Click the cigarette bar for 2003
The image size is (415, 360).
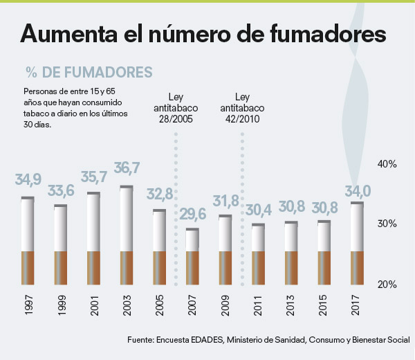(x=126, y=235)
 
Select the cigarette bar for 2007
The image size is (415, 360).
(x=192, y=256)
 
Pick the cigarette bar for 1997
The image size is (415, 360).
(x=28, y=241)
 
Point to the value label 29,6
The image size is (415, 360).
(x=192, y=214)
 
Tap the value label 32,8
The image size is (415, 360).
(x=160, y=194)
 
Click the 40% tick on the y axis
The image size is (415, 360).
(x=386, y=164)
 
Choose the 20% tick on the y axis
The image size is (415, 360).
(x=386, y=285)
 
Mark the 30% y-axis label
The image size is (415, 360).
(x=386, y=224)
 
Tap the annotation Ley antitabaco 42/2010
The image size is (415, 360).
(x=242, y=107)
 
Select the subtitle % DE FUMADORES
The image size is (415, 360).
(x=88, y=72)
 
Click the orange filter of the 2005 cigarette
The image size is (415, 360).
(x=159, y=268)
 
